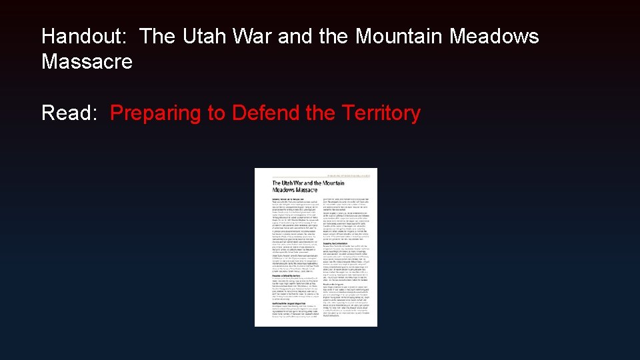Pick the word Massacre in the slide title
tap(87, 62)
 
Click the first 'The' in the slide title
tap(158, 36)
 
